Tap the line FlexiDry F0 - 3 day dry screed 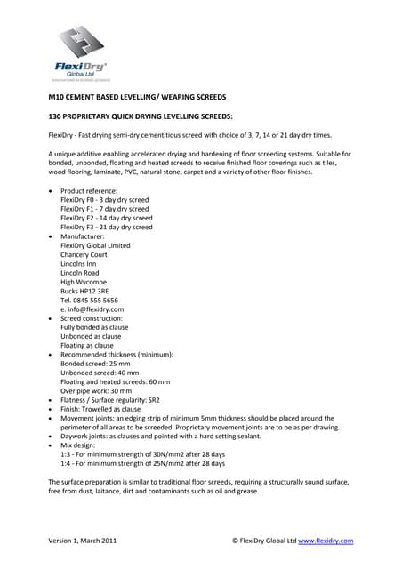[105, 200]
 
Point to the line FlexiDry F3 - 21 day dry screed [107, 227]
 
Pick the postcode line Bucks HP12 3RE [84, 291]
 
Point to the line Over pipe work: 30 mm [96, 391]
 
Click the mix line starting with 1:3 [142, 454]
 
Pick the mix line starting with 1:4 [142, 463]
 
